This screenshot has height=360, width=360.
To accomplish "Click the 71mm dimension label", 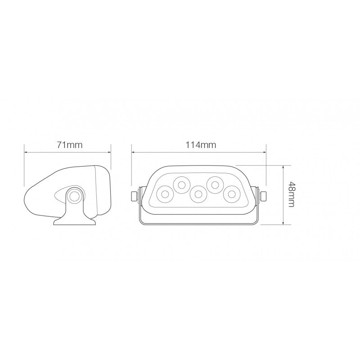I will point(67,145).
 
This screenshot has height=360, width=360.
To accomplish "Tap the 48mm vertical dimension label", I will point(292,194).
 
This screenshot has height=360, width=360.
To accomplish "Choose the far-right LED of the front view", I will point(231,194).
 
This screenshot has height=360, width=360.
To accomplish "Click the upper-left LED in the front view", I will point(181,184).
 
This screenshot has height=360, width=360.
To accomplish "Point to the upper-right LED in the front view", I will point(215,184).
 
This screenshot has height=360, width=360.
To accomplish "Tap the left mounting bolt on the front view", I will point(134,196).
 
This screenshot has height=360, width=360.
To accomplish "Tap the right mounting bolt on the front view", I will point(263,196).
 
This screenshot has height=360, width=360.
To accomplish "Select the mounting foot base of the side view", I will point(74,221).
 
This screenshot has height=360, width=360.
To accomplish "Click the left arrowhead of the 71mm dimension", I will point(26,152).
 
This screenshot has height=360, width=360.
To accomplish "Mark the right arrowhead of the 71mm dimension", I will point(109,152).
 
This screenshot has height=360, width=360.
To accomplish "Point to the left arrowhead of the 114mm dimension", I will point(133,152).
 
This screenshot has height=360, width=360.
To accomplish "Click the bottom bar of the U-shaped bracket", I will point(198,222).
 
